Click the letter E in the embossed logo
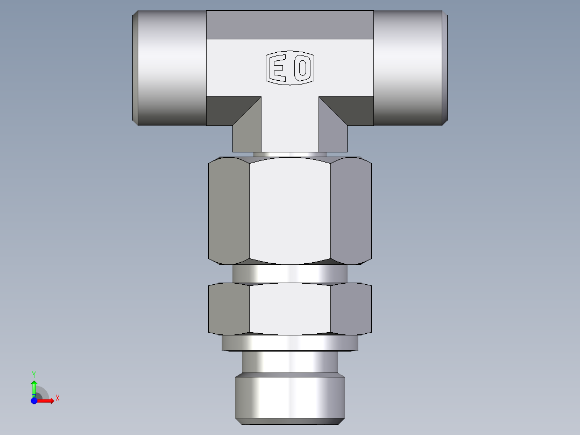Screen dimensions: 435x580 [x=278, y=69]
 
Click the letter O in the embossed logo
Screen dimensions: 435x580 [x=302, y=69]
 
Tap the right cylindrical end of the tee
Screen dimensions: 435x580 [x=409, y=68]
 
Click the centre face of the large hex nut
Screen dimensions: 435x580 [x=289, y=210]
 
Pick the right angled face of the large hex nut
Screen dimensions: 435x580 [x=351, y=210]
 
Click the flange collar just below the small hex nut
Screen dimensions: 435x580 [x=289, y=342]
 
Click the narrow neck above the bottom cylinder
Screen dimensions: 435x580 [x=289, y=362]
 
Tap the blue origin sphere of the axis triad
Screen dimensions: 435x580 [x=34, y=401]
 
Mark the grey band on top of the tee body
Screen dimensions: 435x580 [x=289, y=25]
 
